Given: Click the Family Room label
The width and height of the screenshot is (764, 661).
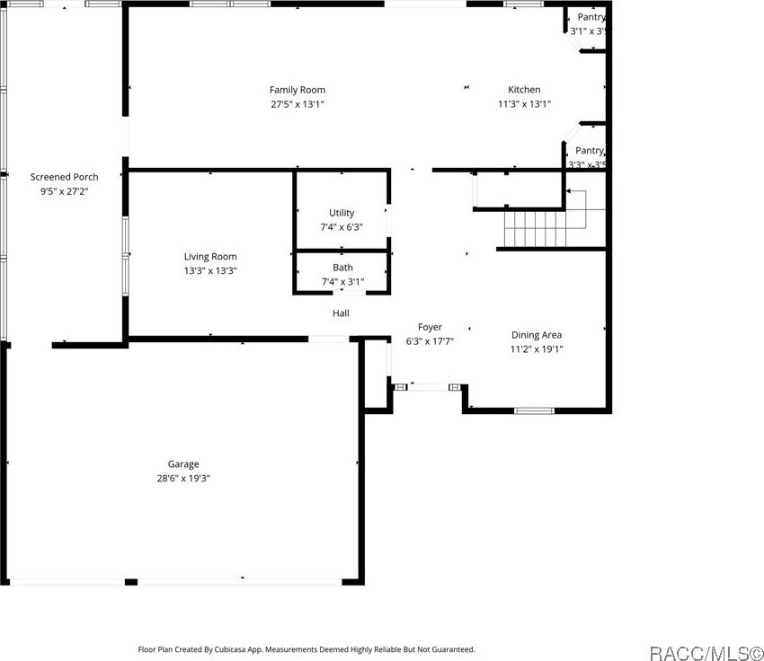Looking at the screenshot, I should (298, 90).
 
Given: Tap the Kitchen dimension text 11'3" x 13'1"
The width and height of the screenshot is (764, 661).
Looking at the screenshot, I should (524, 104).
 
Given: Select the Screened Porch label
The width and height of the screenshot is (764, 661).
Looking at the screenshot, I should (65, 177).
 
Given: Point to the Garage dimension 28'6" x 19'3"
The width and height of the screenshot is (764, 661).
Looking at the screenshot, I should (183, 479).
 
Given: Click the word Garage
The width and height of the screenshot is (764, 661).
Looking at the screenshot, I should (183, 464).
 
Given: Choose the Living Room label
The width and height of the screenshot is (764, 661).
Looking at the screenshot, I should (210, 257).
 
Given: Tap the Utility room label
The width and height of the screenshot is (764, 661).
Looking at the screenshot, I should (342, 213).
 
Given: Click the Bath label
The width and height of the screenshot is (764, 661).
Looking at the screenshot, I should (342, 268).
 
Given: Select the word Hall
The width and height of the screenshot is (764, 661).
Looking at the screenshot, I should (341, 313).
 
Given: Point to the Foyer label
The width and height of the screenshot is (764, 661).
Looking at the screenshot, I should (430, 327).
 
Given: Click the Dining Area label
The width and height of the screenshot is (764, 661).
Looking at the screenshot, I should (537, 335).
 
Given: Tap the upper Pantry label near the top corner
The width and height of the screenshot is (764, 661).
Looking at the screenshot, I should (591, 17).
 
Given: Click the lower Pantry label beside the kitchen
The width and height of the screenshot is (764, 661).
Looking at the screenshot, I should (590, 151).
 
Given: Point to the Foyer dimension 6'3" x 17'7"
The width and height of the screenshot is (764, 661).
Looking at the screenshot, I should (430, 341).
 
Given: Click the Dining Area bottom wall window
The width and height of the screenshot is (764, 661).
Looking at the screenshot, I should (533, 411).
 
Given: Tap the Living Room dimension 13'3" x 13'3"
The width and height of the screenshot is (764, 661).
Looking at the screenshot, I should (210, 270).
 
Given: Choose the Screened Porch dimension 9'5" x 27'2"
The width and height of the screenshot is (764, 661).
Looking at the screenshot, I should (65, 190).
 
